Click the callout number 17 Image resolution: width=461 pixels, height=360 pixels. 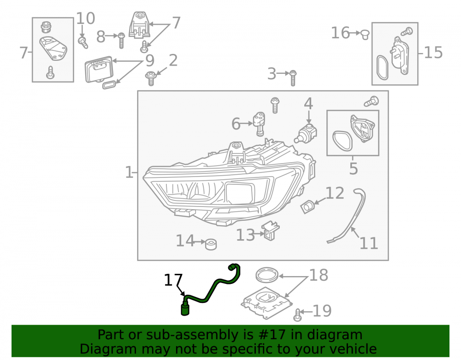pyautogui.click(x=173, y=280)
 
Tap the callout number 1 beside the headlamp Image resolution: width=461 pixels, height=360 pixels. pyautogui.click(x=129, y=172)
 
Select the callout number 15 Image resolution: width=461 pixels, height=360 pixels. pyautogui.click(x=433, y=53)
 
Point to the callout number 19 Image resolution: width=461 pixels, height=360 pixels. pyautogui.click(x=322, y=311)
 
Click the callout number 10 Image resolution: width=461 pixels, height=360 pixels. pyautogui.click(x=86, y=18)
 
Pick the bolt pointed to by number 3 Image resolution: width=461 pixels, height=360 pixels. pyautogui.click(x=293, y=78)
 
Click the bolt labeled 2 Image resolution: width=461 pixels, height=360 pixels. pyautogui.click(x=151, y=78)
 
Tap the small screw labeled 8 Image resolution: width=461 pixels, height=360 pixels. pyautogui.click(x=121, y=40)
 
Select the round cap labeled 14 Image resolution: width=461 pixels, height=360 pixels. pyautogui.click(x=211, y=244)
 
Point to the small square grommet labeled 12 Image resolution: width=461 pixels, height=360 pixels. pyautogui.click(x=307, y=207)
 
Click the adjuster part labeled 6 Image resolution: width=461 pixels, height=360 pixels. pyautogui.click(x=259, y=124)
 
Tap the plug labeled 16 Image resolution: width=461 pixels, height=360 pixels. pyautogui.click(x=365, y=35)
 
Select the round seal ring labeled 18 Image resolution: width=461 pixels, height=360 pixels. pyautogui.click(x=267, y=274)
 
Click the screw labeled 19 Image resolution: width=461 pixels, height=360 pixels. pyautogui.click(x=297, y=315)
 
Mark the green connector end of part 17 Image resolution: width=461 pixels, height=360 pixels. pyautogui.click(x=185, y=308)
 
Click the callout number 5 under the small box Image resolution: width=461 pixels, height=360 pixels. pyautogui.click(x=354, y=169)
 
